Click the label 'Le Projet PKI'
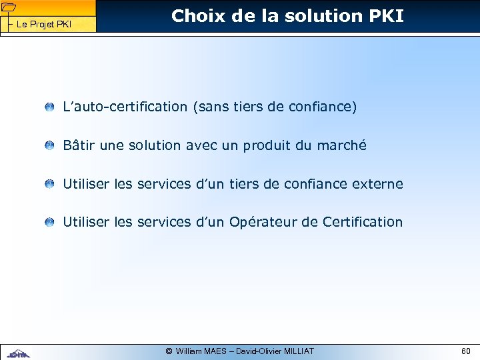click(43, 25)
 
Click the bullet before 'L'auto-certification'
click(50, 107)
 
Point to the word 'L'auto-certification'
click(125, 107)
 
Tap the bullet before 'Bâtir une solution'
click(50, 145)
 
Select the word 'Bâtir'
click(78, 145)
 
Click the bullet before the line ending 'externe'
click(50, 184)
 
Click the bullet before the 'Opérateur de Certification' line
click(50, 222)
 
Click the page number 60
click(465, 351)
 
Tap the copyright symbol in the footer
click(169, 351)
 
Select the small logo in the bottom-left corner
click(18, 353)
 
